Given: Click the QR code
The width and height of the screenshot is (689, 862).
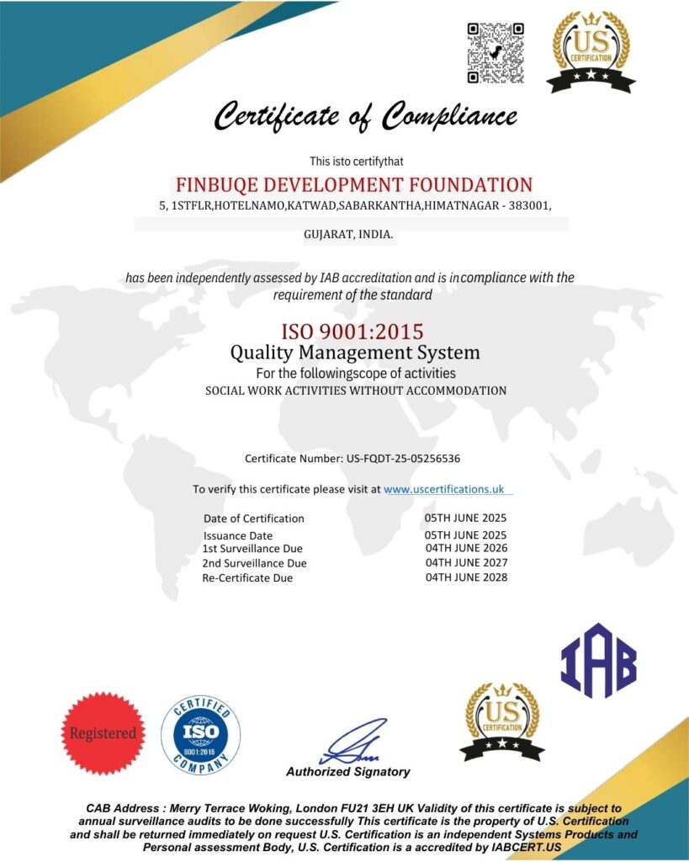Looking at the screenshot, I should tap(496, 53).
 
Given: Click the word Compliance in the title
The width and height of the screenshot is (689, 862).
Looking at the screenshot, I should tap(449, 114).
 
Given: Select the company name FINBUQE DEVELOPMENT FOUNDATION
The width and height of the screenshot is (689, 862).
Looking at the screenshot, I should tap(353, 184).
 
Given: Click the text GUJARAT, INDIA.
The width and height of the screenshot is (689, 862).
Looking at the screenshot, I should tap(348, 234).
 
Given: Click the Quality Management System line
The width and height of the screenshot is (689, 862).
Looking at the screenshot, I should tap(355, 352).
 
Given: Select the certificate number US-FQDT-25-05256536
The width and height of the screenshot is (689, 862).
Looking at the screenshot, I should tap(403, 459).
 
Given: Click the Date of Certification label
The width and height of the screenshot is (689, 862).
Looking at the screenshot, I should tap(254, 519).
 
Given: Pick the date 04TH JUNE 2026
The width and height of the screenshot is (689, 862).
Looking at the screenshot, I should tap(466, 548).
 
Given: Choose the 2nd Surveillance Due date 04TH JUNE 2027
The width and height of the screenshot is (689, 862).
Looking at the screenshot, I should tap(466, 562).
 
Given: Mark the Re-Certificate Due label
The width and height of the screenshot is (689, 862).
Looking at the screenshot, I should tap(247, 578).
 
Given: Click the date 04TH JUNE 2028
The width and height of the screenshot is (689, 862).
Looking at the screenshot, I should tap(466, 577).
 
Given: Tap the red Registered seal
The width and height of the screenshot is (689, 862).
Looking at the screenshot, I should tap(103, 733).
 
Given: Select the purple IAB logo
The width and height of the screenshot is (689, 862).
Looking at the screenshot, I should tap(598, 661).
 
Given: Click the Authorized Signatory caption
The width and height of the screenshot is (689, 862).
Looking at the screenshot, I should tap(348, 772).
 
